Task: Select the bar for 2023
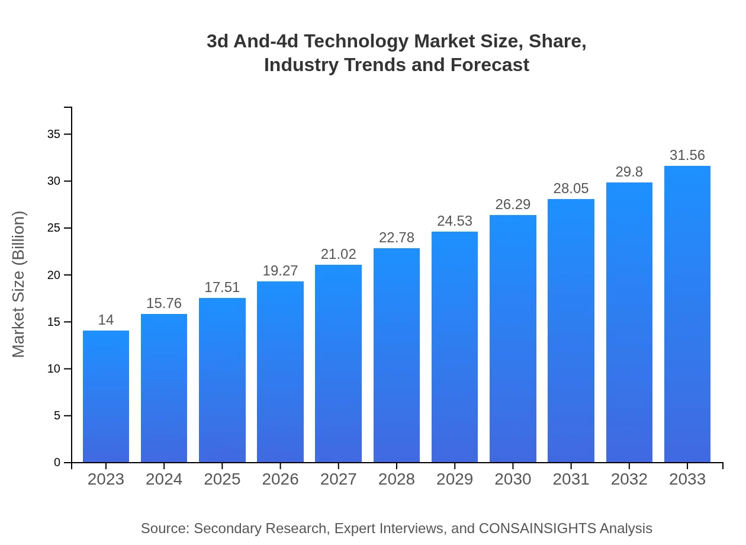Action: click(x=106, y=397)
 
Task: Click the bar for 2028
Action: click(x=397, y=355)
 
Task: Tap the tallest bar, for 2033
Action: click(x=687, y=314)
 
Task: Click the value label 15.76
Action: click(x=164, y=303)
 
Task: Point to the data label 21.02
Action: click(x=339, y=254)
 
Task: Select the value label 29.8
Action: click(x=629, y=172)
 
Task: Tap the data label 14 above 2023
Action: click(x=106, y=320)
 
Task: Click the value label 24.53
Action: click(x=455, y=221)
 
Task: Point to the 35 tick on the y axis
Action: click(x=54, y=134)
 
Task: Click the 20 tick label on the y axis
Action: click(x=54, y=275)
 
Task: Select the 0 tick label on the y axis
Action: click(x=57, y=463)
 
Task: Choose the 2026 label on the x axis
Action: click(x=281, y=479)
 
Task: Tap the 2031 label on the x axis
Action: click(x=571, y=479)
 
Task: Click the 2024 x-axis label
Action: click(x=164, y=479)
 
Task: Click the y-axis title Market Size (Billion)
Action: click(x=19, y=284)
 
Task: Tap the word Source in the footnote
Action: click(x=164, y=528)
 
